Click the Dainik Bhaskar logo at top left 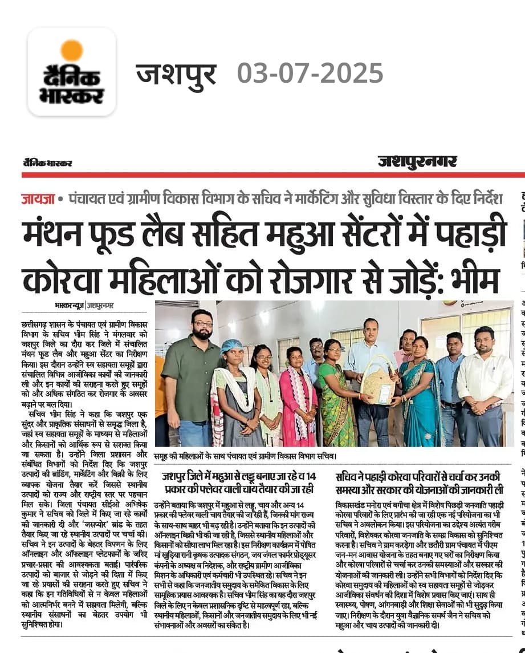click(x=72, y=72)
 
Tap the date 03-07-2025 click(x=310, y=73)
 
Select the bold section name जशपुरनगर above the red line click(x=417, y=161)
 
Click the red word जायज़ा click(x=38, y=199)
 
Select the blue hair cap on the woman click(x=232, y=346)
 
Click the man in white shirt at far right click(x=484, y=382)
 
